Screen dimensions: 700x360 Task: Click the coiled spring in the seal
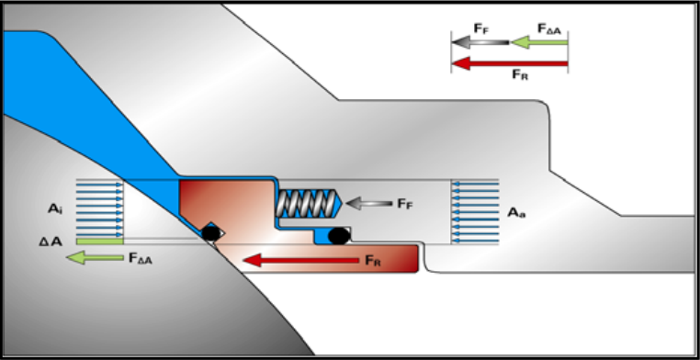coord(306,204)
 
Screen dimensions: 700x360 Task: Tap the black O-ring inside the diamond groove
coord(209,233)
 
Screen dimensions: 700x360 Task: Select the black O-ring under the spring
coord(339,236)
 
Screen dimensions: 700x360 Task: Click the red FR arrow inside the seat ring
coord(301,260)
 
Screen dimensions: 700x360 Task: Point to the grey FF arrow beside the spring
coord(368,204)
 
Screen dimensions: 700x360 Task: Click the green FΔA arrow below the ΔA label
coord(95,257)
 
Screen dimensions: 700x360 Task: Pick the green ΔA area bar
coord(99,242)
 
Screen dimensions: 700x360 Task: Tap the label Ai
coord(55,208)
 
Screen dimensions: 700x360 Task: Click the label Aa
coord(516,213)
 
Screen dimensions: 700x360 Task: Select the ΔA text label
coord(50,242)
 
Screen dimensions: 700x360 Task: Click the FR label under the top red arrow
coord(520,74)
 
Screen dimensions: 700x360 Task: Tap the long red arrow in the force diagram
coord(509,63)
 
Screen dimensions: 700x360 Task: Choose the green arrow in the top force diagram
coord(539,42)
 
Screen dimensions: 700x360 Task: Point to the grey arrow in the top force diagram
coord(480,42)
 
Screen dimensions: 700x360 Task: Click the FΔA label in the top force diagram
coord(552,29)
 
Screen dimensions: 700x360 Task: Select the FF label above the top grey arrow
coord(481,29)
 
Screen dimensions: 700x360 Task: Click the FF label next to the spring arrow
coord(405,204)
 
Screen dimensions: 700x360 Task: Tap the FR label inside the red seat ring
coord(373,261)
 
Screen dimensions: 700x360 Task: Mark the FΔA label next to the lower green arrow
coord(141,258)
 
